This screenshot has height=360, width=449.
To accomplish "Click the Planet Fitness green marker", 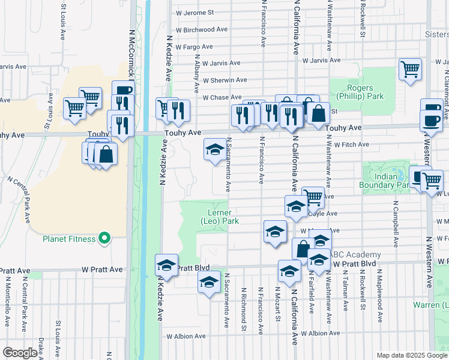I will [x=104, y=239].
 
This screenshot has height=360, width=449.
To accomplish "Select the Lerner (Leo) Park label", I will [x=220, y=217].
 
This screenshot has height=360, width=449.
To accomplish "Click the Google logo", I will [x=20, y=353].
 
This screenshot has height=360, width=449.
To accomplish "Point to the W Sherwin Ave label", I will [x=224, y=80].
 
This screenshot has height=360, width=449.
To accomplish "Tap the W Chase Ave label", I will [x=221, y=97].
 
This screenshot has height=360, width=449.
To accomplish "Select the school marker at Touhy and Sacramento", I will [x=214, y=151].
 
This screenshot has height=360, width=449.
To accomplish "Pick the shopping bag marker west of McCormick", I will [x=106, y=154].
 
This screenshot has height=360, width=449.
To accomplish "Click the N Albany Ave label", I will [x=196, y=71].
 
